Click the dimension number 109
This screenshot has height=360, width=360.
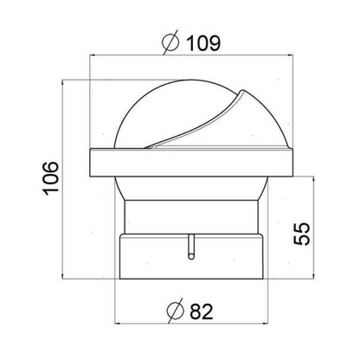pyautogui.click(x=203, y=43)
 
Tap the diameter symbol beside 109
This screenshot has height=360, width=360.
pyautogui.click(x=170, y=42)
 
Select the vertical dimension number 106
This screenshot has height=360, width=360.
pyautogui.click(x=51, y=178)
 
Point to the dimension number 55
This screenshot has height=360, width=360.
pyautogui.click(x=301, y=234)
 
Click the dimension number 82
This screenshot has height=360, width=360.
pyautogui.click(x=202, y=312)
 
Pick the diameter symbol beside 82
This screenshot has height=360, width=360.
pyautogui.click(x=176, y=311)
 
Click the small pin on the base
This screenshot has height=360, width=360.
pyautogui.click(x=190, y=247)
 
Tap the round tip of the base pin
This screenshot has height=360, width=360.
pyautogui.click(x=190, y=256)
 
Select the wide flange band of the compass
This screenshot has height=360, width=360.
pyautogui.click(x=192, y=163)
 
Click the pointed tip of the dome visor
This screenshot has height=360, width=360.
pyautogui.click(x=243, y=90)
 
